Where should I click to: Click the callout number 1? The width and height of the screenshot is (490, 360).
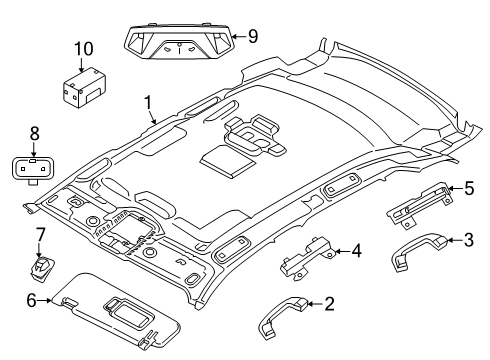coord(148,103)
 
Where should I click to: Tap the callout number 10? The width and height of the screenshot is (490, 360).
coord(84,49)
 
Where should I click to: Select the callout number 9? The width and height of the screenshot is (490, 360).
coord(253,36)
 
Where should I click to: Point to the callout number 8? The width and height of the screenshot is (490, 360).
coord(35,134)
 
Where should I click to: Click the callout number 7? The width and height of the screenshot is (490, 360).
coord(40,234)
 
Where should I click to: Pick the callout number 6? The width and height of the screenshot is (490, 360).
coord(31,301)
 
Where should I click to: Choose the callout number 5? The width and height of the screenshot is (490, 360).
coord(469,188)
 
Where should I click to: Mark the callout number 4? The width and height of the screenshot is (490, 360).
coord(357,251)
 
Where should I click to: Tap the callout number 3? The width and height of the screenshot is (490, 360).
coord(469,240)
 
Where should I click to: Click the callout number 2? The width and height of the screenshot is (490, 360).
coord(329,304)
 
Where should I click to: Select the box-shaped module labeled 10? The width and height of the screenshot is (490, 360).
coord(84,87)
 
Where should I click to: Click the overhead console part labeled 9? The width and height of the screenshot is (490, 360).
coord(179,41)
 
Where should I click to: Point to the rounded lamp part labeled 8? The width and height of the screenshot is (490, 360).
coord(33,169)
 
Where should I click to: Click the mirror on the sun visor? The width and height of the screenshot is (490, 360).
coord(128,311)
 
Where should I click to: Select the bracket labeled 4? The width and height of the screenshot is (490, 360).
coord(307,257)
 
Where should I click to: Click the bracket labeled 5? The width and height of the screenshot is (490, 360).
coord(421,204)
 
